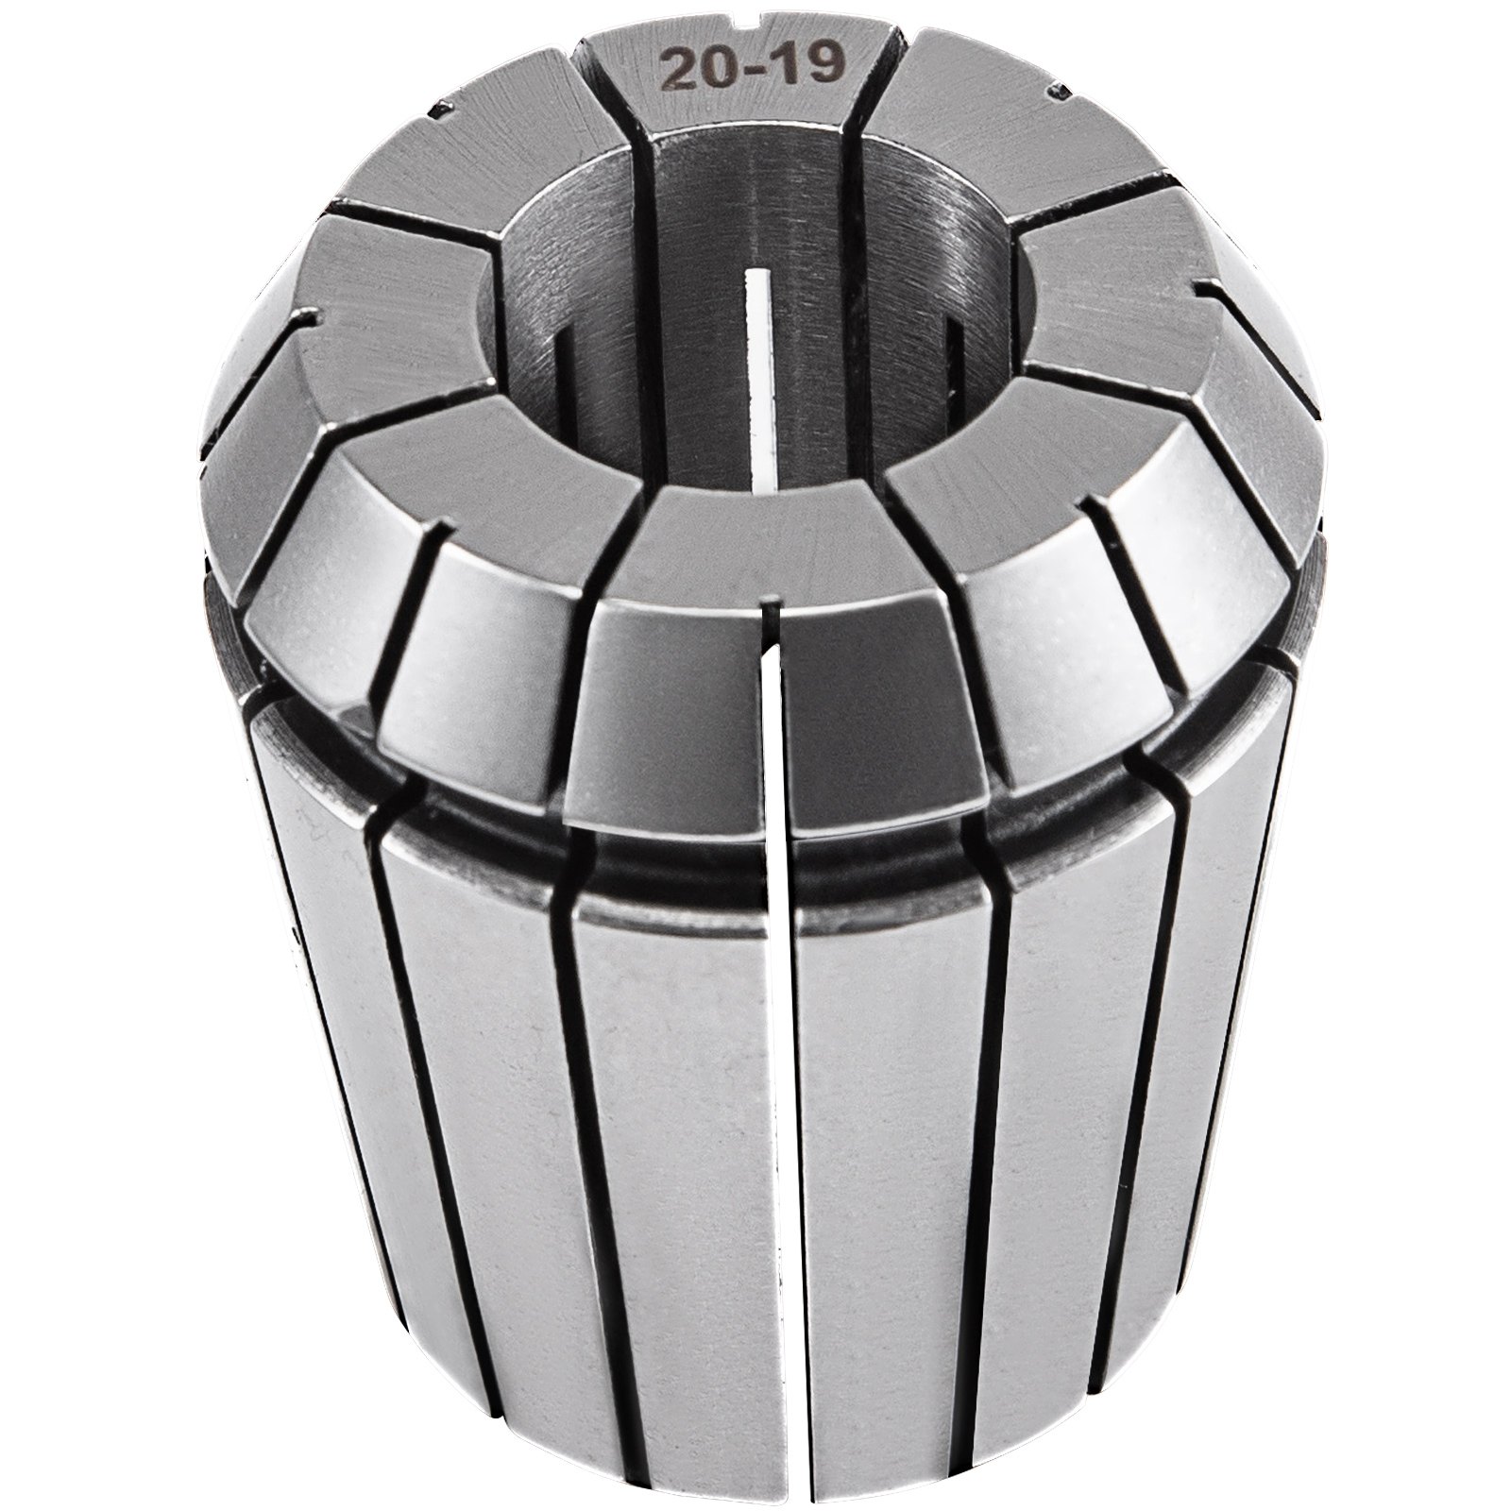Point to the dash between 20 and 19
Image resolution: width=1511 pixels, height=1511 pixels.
[x=742, y=69]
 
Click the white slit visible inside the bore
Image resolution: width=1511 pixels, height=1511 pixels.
[x=761, y=378]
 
